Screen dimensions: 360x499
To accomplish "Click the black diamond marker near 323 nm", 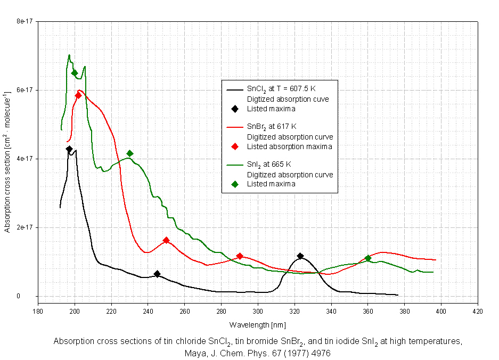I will pos(300,256).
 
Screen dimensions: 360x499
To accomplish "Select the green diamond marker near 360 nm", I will pos(368,258).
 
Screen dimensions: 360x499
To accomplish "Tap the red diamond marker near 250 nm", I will pos(166,240).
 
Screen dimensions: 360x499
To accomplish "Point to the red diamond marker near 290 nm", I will pos(240,256).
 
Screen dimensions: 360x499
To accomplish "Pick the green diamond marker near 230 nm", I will pos(130,153).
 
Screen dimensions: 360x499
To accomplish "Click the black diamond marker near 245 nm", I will pos(157,274).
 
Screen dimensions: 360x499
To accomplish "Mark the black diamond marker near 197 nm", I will pos(69,149).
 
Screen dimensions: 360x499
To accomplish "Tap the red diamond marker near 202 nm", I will pos(78,95).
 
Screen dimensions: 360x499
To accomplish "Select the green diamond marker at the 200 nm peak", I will pos(75,73).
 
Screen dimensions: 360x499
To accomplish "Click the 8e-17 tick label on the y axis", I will pos(25,22).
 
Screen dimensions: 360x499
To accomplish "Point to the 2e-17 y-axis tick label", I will pos(25,227).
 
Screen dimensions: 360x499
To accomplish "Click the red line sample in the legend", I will pos(235,127).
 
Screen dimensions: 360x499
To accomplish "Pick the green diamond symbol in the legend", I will pos(235,184).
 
